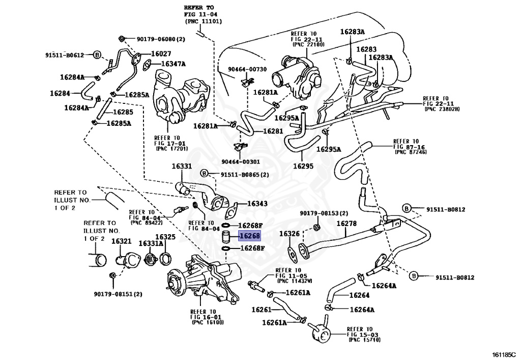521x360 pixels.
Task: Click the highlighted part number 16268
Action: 250,236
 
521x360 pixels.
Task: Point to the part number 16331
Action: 182,167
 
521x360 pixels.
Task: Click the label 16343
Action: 257,204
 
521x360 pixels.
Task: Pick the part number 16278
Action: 346,223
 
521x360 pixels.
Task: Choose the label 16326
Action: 289,234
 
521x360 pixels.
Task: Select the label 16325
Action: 165,237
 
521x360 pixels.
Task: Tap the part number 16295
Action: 303,166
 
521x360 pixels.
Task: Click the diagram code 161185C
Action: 503,354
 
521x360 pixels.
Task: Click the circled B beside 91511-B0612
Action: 98,54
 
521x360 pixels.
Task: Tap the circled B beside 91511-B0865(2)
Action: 204,174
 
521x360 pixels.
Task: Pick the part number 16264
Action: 359,295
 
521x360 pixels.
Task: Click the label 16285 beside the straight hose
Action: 123,112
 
